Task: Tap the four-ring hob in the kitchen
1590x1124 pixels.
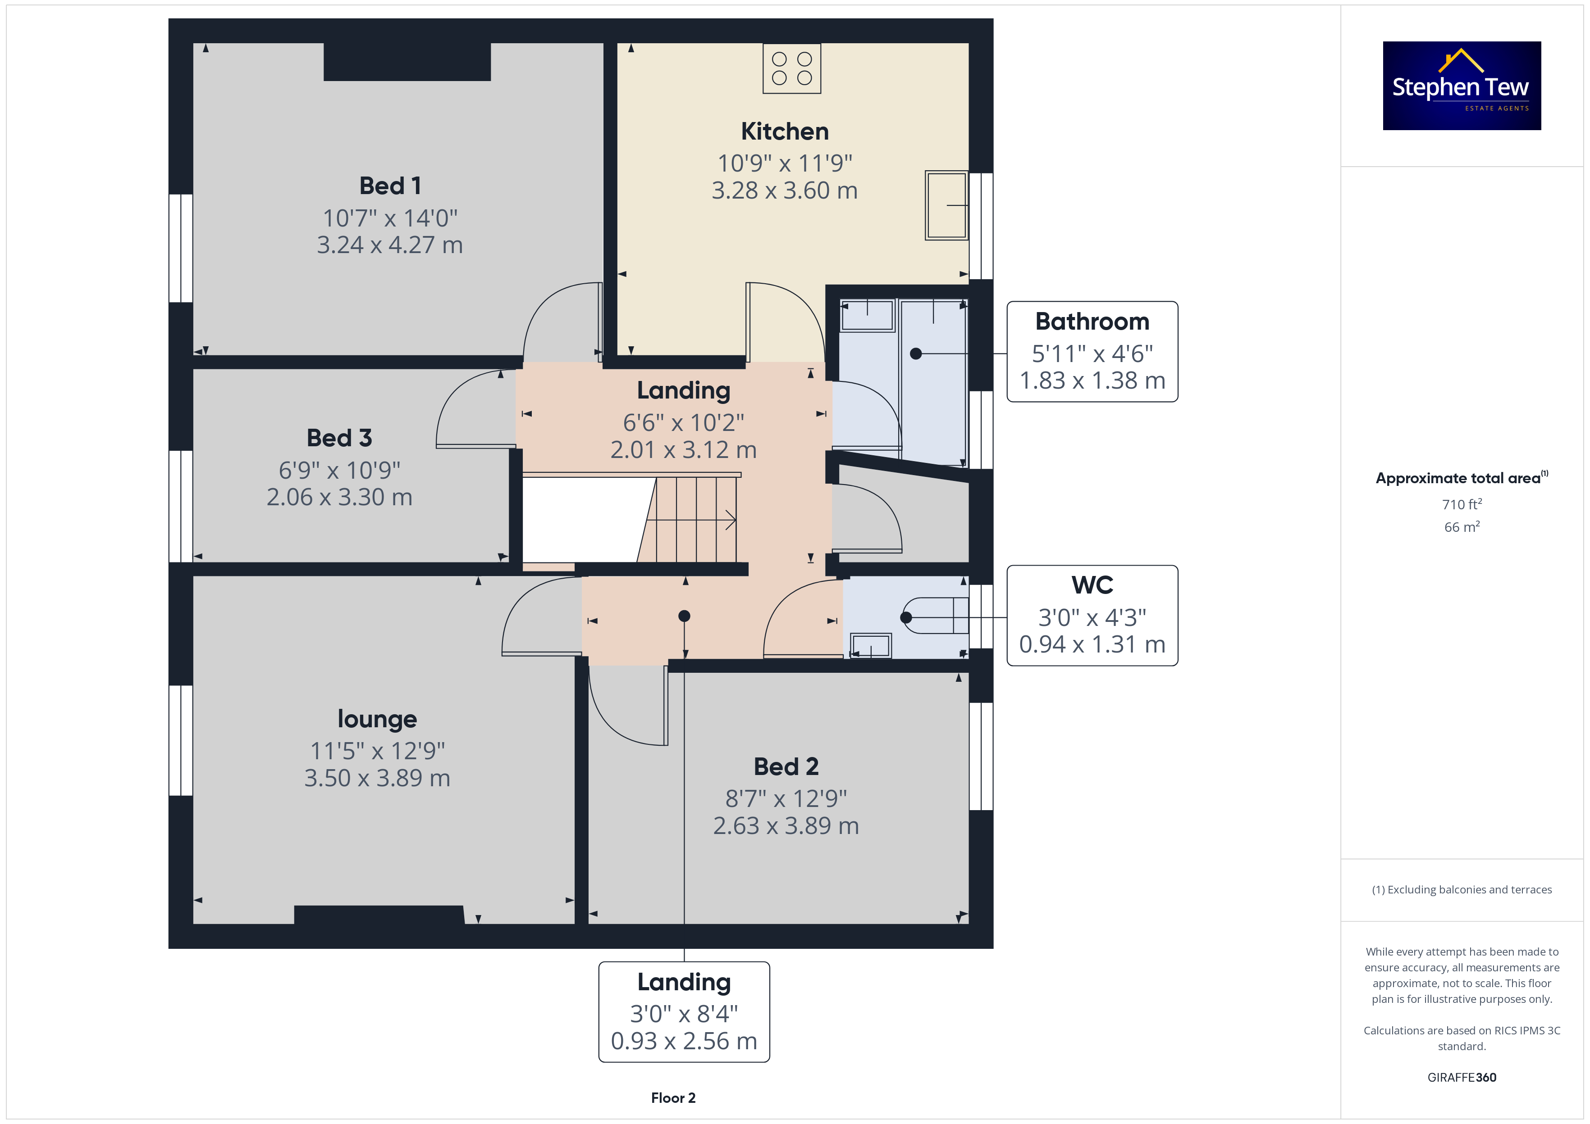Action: [791, 68]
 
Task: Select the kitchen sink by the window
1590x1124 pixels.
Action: [946, 205]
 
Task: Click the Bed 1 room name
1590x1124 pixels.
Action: [390, 186]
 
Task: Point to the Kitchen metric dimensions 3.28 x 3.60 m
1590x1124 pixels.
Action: [785, 190]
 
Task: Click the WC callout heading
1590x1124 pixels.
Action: [1092, 585]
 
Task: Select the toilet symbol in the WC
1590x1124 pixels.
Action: [934, 615]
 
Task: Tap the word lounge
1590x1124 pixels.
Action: [377, 719]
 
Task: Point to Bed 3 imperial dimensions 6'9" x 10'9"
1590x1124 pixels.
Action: [339, 470]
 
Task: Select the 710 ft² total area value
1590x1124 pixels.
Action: [1462, 504]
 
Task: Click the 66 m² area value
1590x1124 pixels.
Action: [1462, 527]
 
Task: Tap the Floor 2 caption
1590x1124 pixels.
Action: [673, 1098]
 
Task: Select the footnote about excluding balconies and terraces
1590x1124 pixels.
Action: [1462, 889]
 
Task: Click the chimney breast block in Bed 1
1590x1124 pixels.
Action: [407, 62]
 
